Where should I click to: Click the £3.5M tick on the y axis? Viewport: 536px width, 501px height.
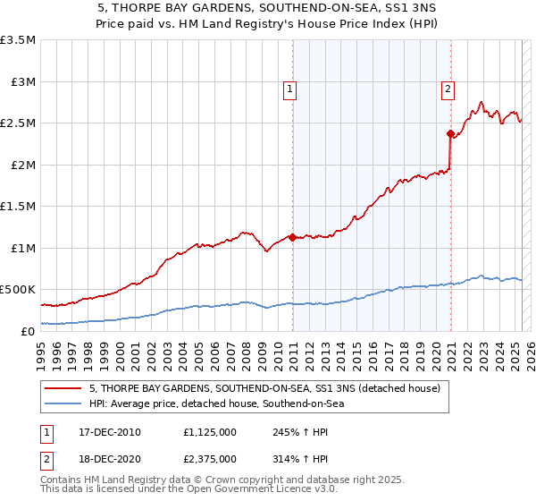click(x=18, y=40)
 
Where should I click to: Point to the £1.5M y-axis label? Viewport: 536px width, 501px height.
click(x=18, y=206)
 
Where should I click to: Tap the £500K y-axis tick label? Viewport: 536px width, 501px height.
click(x=18, y=290)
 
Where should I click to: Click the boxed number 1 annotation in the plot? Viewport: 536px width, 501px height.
click(x=291, y=88)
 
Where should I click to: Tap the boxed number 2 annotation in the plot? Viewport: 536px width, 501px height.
click(x=447, y=88)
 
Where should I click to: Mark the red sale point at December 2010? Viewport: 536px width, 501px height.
click(x=291, y=237)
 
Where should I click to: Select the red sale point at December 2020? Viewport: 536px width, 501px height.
click(x=449, y=133)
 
